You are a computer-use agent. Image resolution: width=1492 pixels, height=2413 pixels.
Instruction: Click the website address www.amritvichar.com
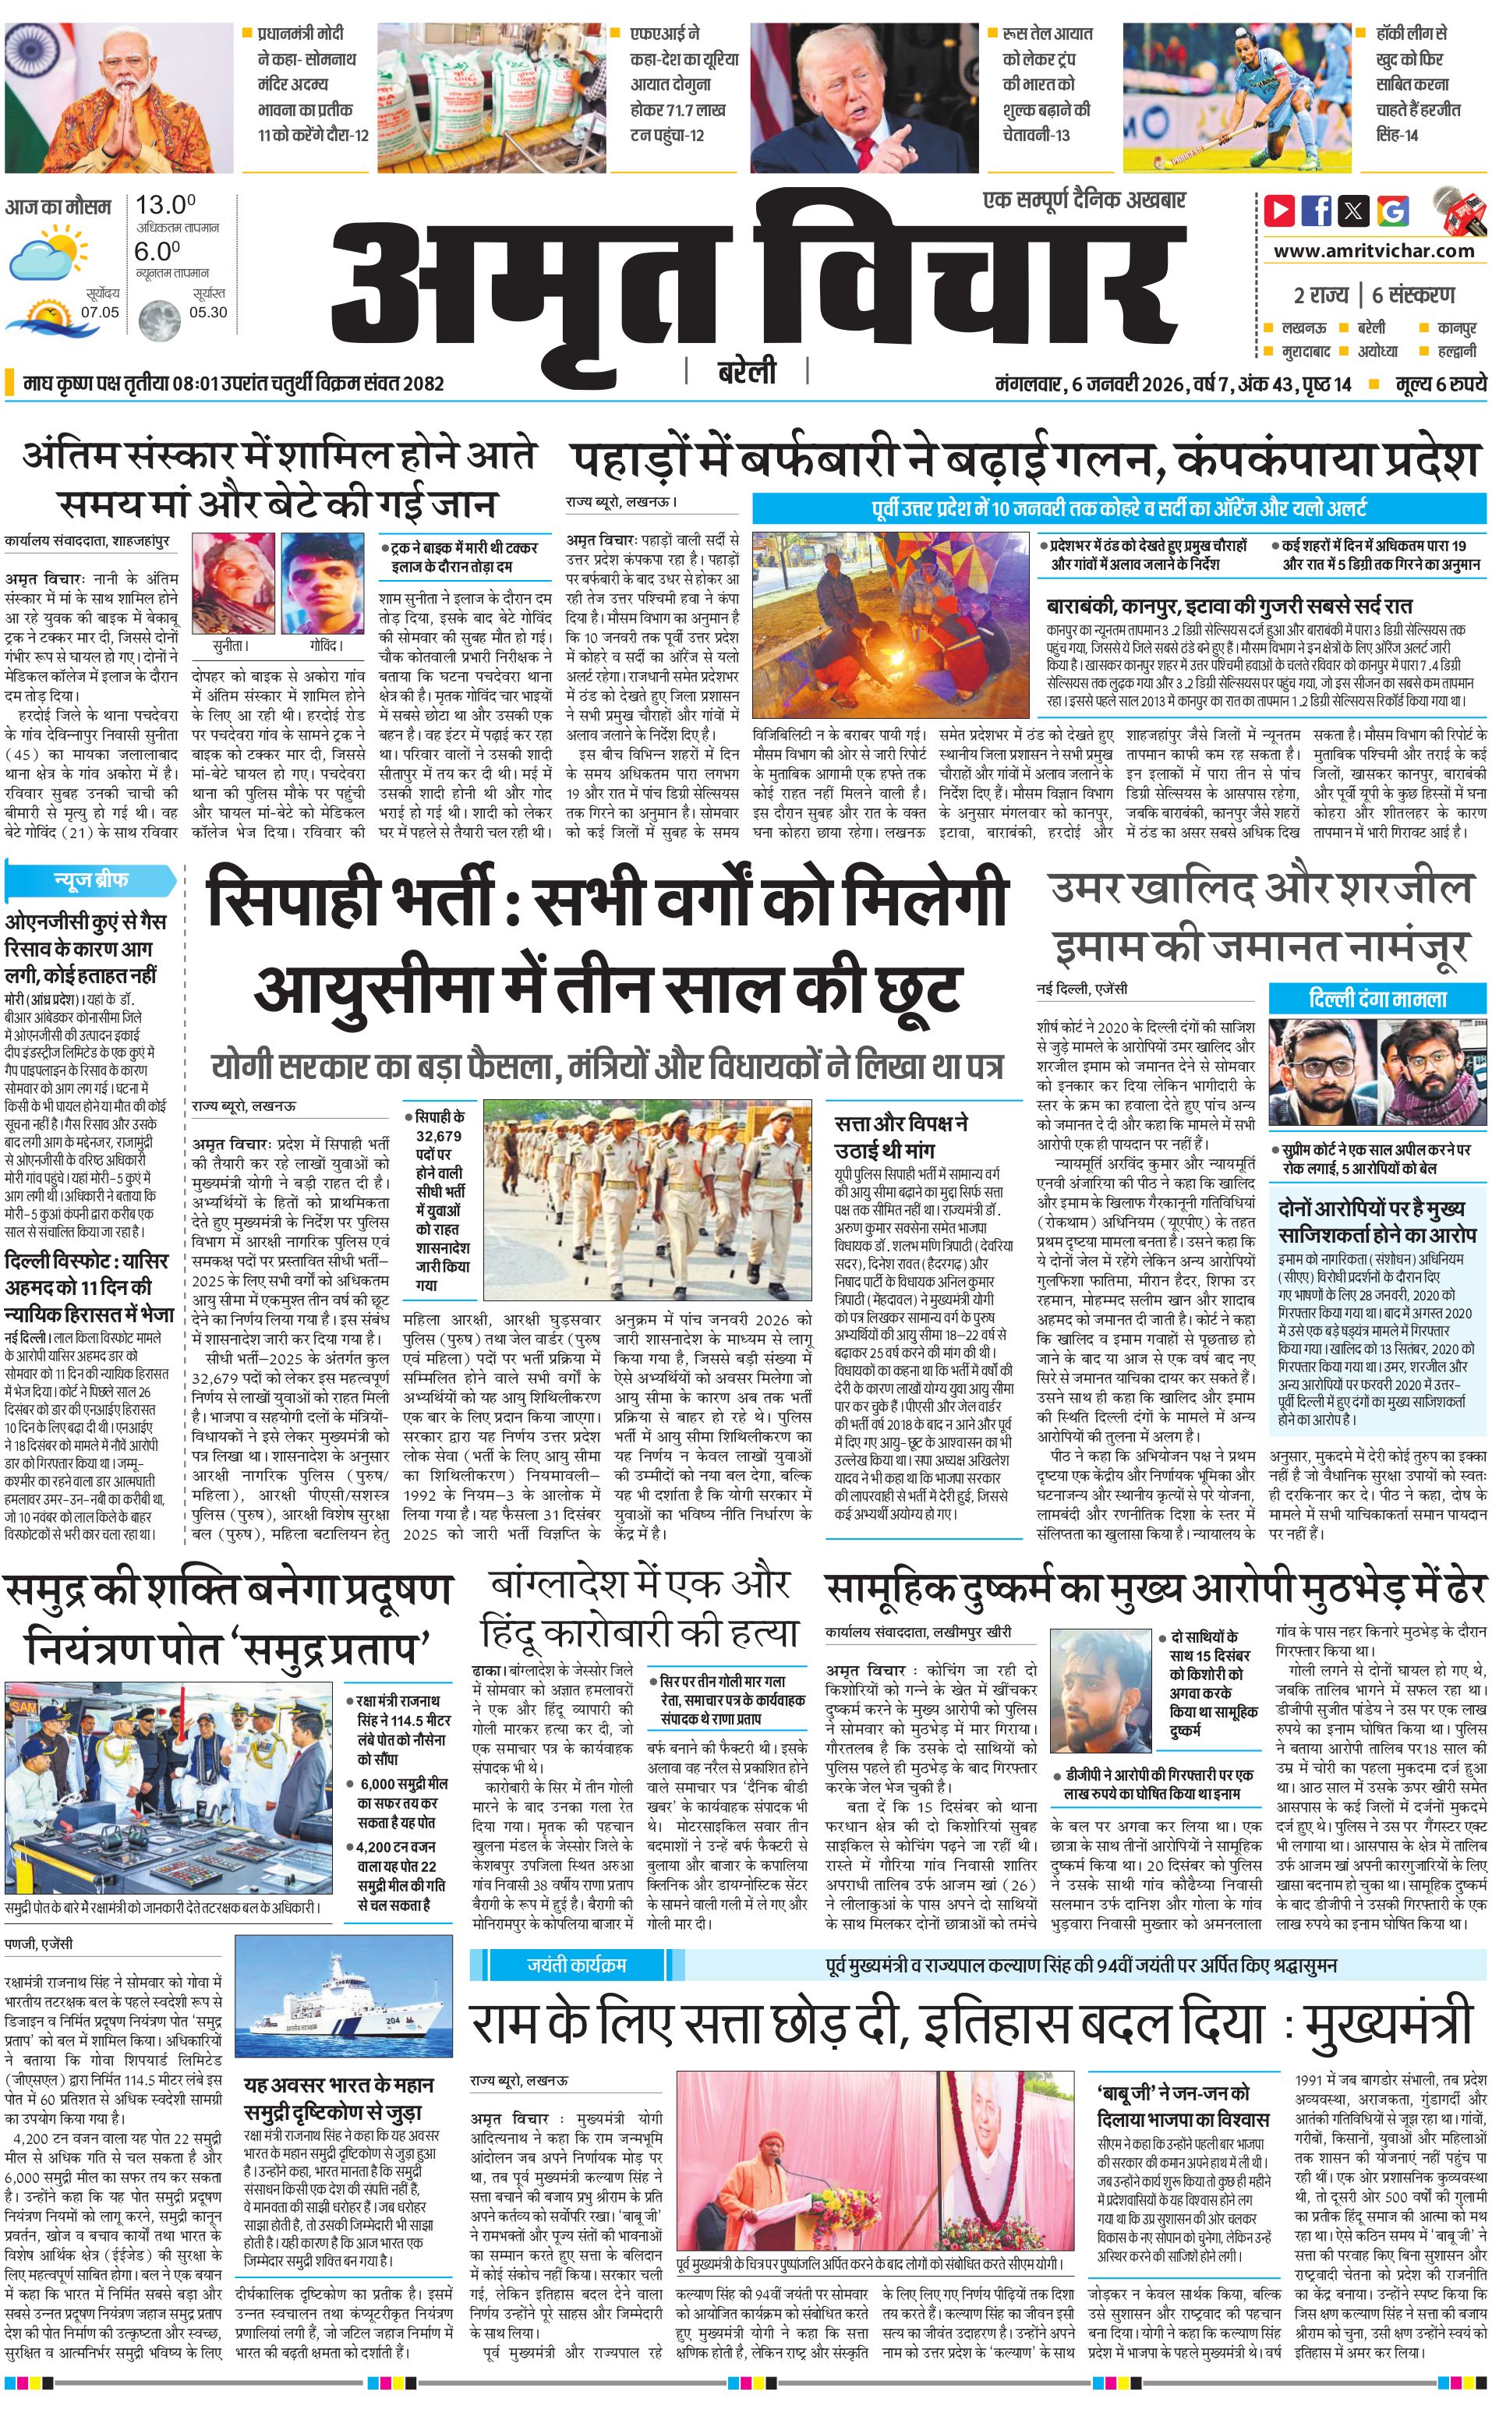click(1374, 251)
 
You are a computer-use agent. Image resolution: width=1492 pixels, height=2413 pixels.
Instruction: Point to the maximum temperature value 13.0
click(164, 205)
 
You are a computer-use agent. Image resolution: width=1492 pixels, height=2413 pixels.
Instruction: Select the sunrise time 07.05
click(100, 313)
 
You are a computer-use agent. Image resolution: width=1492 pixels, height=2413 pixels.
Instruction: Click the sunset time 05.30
click(208, 313)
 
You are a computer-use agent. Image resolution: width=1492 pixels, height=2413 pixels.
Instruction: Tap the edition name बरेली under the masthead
click(746, 372)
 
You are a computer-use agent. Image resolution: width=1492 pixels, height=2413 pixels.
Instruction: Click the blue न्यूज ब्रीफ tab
click(90, 879)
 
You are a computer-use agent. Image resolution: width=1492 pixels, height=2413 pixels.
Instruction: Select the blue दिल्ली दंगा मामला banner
click(1377, 999)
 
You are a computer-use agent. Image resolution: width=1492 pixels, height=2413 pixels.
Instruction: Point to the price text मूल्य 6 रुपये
click(1440, 384)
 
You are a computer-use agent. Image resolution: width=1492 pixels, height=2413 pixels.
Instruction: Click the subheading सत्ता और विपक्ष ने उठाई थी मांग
click(901, 1136)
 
